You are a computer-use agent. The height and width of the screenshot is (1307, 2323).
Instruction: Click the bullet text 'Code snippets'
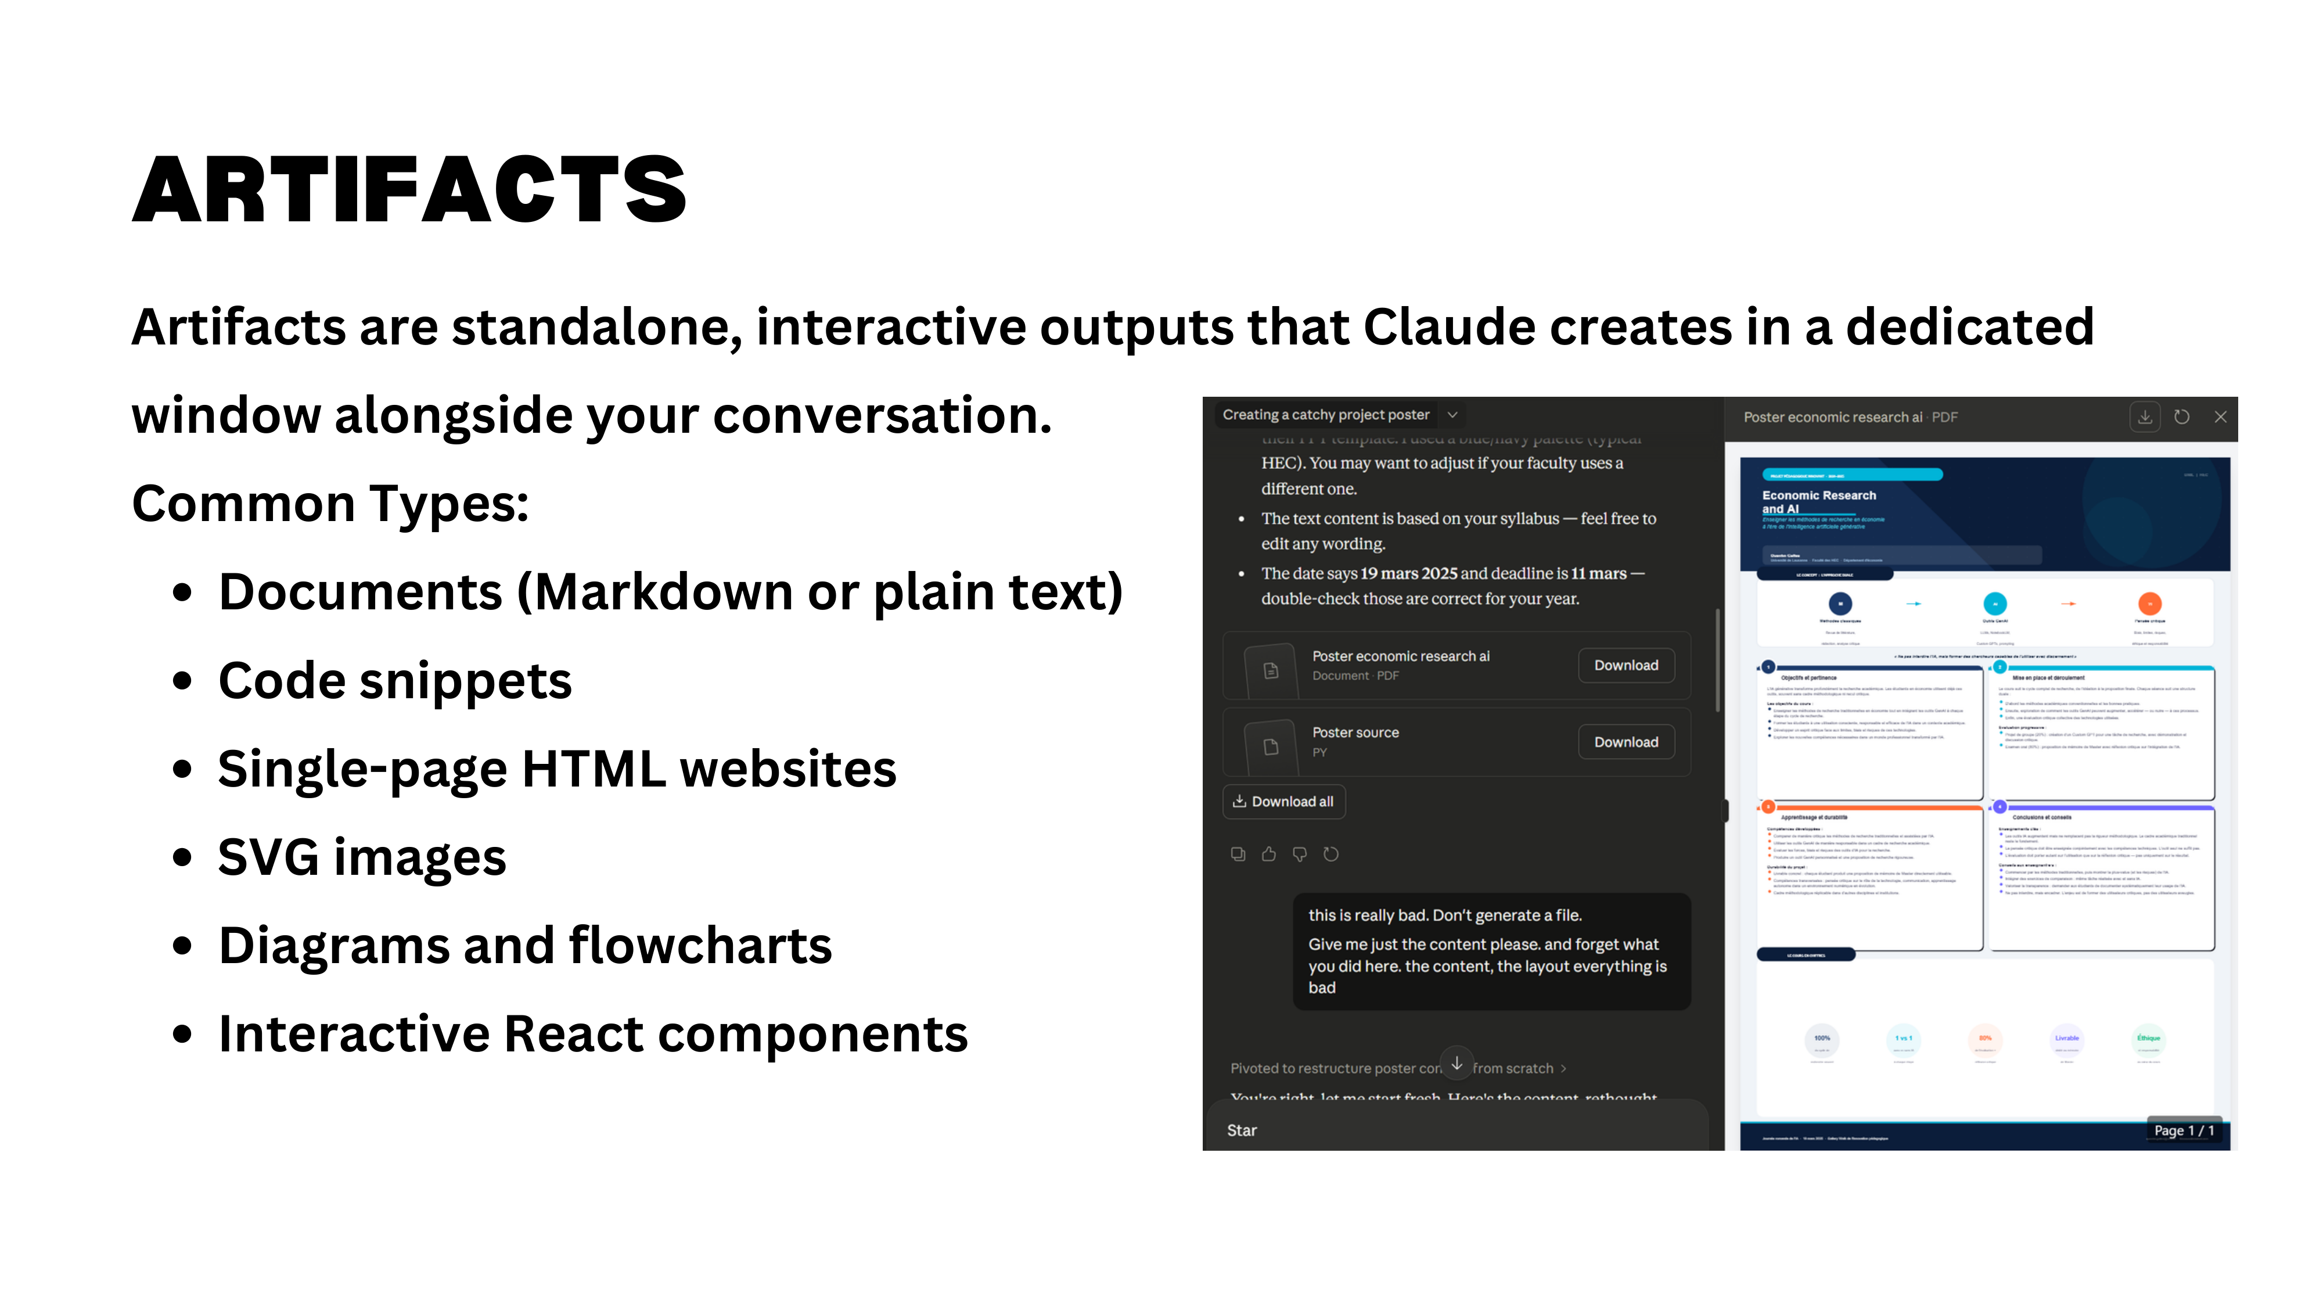395,681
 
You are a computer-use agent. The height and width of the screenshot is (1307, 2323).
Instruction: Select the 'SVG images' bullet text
362,858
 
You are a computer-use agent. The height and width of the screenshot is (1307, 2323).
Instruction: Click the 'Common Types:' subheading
330,503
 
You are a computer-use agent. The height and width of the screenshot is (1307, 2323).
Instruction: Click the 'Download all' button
1283,802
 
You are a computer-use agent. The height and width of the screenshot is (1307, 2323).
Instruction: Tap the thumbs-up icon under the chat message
1269,854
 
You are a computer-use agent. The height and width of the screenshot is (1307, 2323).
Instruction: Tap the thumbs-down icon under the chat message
1300,854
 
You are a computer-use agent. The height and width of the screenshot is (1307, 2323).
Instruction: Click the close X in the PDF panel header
2220,416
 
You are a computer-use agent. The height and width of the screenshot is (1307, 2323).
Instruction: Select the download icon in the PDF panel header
2145,416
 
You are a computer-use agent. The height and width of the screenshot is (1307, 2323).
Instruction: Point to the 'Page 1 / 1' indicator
2183,1130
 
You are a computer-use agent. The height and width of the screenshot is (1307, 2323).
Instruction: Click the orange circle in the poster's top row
2150,604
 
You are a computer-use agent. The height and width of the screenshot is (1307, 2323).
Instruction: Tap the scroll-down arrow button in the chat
1457,1064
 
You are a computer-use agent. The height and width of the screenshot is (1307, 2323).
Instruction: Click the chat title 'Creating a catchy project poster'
1326,415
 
